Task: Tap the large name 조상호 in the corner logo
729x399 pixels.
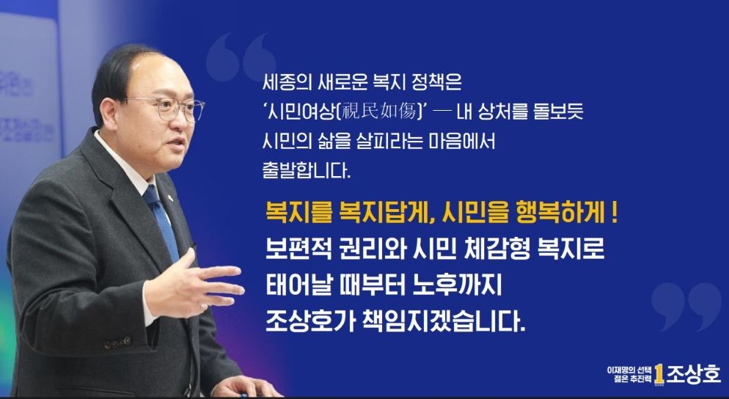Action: [694, 373]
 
